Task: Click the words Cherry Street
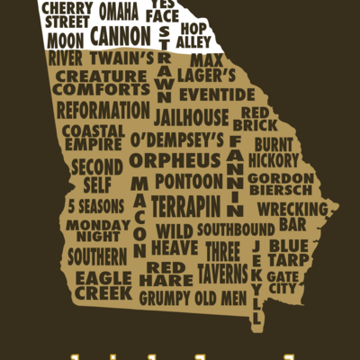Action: coord(67,13)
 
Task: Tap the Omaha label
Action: coord(118,12)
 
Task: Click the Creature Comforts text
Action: coord(102,84)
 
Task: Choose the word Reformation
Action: coord(103,110)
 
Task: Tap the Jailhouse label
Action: coord(191,118)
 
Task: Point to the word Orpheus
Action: coord(175,160)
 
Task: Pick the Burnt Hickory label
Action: coord(275,151)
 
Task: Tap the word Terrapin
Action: coord(185,206)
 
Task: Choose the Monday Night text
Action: coord(92,230)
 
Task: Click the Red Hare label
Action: coord(165,274)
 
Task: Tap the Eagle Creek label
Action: coord(103,285)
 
